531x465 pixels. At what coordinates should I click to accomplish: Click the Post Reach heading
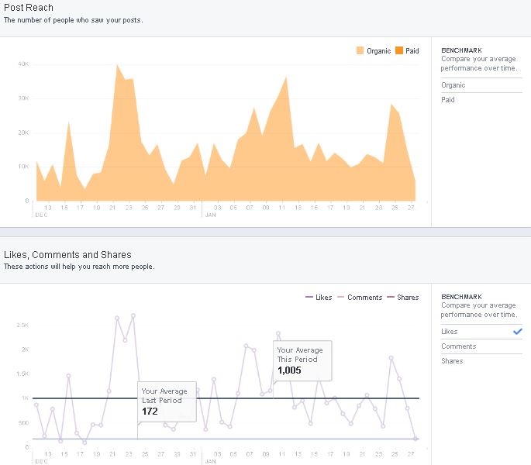pyautogui.click(x=29, y=8)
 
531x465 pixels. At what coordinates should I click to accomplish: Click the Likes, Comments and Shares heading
pyautogui.click(x=67, y=255)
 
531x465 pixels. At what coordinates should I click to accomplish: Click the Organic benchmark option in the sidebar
pyautogui.click(x=453, y=85)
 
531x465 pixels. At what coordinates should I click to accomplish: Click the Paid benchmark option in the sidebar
pyautogui.click(x=448, y=100)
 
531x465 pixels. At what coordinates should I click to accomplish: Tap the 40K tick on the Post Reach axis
pyautogui.click(x=23, y=64)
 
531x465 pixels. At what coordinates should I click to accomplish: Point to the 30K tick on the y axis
pyautogui.click(x=23, y=98)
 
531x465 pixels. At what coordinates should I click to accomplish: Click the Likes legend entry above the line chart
pyautogui.click(x=319, y=298)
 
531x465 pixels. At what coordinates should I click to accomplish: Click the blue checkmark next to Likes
pyautogui.click(x=517, y=331)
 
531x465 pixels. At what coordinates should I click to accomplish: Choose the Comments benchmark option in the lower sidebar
pyautogui.click(x=458, y=346)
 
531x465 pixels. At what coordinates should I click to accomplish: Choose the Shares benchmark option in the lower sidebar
pyautogui.click(x=452, y=361)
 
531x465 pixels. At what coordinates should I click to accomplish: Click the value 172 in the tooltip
pyautogui.click(x=150, y=412)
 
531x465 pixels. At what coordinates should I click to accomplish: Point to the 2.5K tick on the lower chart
pyautogui.click(x=22, y=325)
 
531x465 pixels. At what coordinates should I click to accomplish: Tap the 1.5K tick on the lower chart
pyautogui.click(x=22, y=374)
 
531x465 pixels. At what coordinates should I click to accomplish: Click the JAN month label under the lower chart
pyautogui.click(x=210, y=461)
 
